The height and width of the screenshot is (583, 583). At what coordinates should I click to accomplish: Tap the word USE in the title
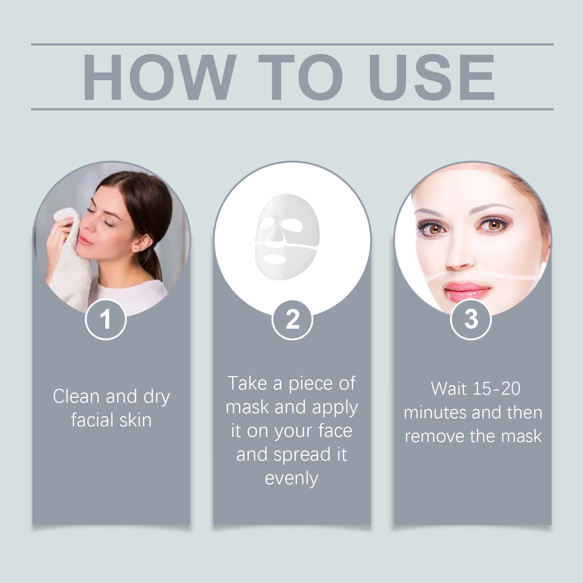tap(432, 77)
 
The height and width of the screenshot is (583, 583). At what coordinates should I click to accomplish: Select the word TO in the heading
tap(301, 77)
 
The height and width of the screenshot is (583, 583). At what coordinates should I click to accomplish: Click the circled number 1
tap(106, 319)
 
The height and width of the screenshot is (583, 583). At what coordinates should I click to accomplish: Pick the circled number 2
tap(292, 319)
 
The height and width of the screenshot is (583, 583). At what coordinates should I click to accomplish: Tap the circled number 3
tap(471, 319)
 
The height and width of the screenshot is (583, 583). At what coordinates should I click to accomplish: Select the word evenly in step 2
tap(291, 478)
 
